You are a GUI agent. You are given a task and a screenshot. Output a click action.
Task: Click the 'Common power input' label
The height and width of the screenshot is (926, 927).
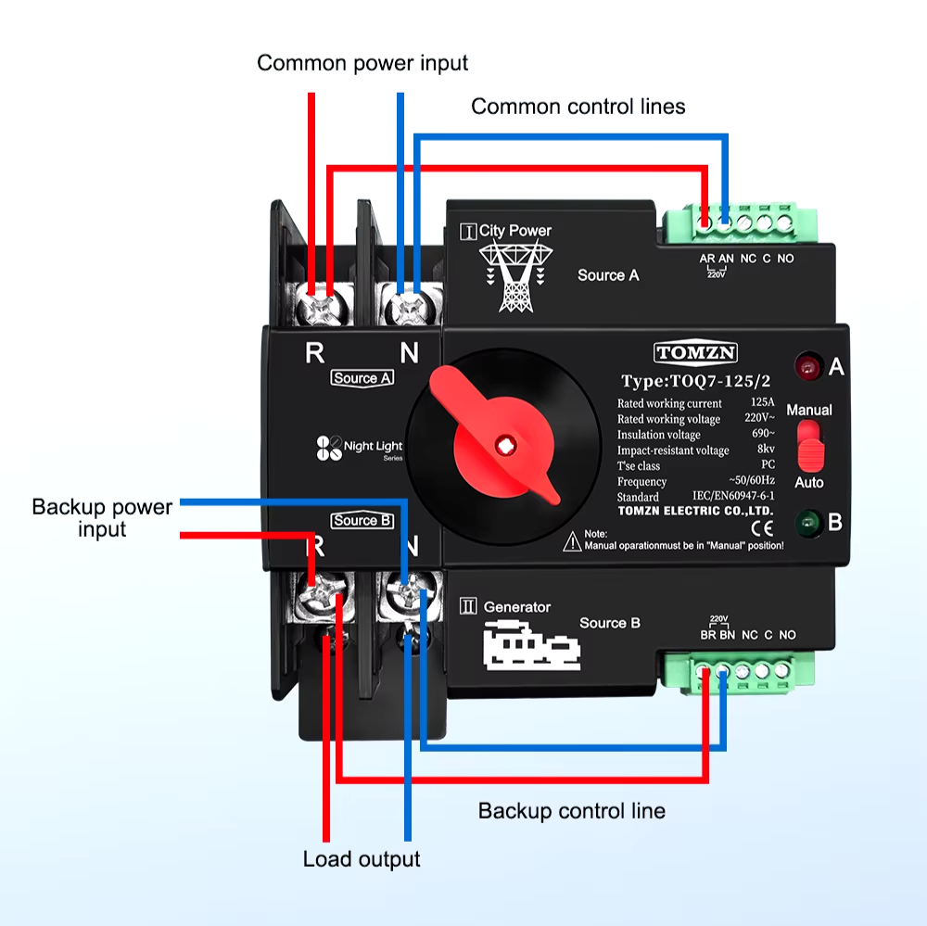pos(362,63)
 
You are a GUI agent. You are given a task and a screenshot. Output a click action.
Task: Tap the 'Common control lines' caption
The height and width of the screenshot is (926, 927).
pos(578,107)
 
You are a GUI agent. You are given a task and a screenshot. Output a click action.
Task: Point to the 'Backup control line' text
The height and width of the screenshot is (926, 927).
pos(571,811)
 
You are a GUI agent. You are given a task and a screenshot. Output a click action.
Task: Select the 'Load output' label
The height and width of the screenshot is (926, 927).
pos(362,859)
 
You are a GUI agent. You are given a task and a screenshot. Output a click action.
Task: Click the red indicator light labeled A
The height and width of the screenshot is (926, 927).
pos(809,366)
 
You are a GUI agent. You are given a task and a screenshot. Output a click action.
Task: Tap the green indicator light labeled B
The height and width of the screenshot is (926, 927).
pos(809,523)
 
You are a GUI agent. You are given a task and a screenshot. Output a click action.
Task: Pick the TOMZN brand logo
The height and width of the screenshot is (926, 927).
pos(696,352)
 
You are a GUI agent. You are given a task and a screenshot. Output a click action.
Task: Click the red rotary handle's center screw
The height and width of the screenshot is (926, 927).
pos(505,443)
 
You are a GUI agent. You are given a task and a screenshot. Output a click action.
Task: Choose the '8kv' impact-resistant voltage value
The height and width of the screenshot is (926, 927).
pos(765,450)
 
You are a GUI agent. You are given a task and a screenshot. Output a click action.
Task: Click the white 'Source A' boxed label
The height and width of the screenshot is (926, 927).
pos(362,378)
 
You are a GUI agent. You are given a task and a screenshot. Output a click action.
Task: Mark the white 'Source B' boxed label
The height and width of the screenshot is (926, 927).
pos(362,521)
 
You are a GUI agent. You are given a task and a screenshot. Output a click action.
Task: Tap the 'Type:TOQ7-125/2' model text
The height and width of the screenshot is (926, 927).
pos(696,381)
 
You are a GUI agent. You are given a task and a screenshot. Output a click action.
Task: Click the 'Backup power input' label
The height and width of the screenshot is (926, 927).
pos(102,518)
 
